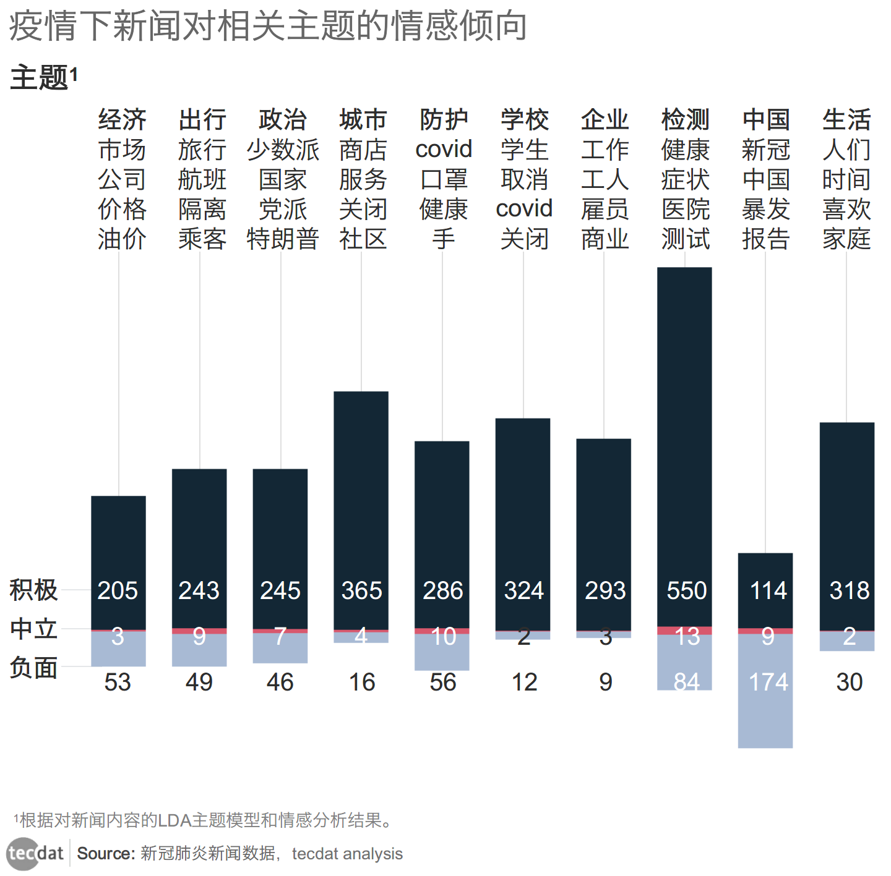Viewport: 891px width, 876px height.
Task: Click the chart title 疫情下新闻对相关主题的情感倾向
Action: point(267,26)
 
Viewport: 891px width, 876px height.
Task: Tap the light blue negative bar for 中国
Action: point(765,717)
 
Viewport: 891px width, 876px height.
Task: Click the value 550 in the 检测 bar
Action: point(686,590)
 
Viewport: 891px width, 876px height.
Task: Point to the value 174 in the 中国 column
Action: point(768,682)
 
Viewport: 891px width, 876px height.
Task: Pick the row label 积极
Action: point(33,590)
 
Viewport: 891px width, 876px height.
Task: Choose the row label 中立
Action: point(33,629)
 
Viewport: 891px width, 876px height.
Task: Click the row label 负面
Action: point(33,668)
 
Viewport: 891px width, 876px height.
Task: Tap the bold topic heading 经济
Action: point(122,119)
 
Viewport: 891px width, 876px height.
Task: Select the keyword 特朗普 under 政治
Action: point(283,239)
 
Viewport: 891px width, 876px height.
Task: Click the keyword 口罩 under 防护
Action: point(444,179)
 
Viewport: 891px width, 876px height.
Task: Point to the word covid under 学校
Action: point(524,209)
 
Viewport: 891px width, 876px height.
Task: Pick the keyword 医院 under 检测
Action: point(685,209)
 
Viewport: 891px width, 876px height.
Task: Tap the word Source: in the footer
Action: point(106,854)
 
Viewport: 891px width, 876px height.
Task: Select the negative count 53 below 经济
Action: point(118,682)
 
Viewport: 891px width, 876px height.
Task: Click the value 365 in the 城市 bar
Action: point(361,590)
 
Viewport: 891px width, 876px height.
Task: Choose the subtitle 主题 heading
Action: point(39,78)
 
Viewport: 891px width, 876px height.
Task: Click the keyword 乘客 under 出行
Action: point(202,239)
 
